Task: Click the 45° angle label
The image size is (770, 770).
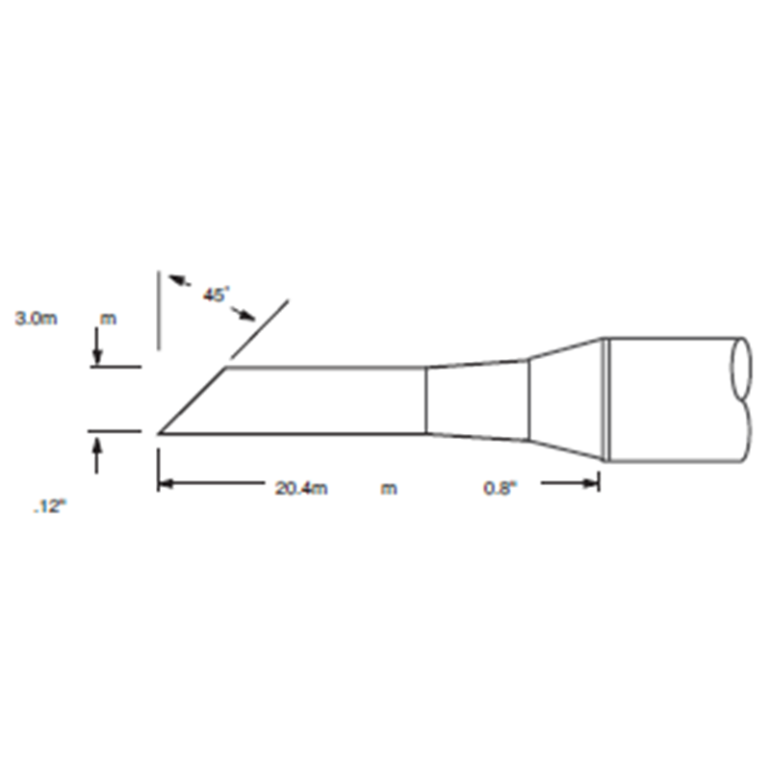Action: click(x=216, y=295)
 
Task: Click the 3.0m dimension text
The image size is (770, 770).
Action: click(x=37, y=319)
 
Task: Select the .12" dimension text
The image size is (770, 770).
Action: click(x=50, y=506)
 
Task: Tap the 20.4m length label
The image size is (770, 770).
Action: click(x=301, y=488)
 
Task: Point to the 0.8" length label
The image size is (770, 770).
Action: click(x=500, y=488)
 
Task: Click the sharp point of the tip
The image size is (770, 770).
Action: click(x=158, y=434)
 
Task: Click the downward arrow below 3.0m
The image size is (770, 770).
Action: click(x=98, y=346)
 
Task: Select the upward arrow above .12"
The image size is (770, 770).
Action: click(x=97, y=455)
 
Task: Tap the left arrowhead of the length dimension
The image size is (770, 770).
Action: click(x=166, y=484)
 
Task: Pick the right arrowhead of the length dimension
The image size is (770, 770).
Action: click(x=590, y=484)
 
